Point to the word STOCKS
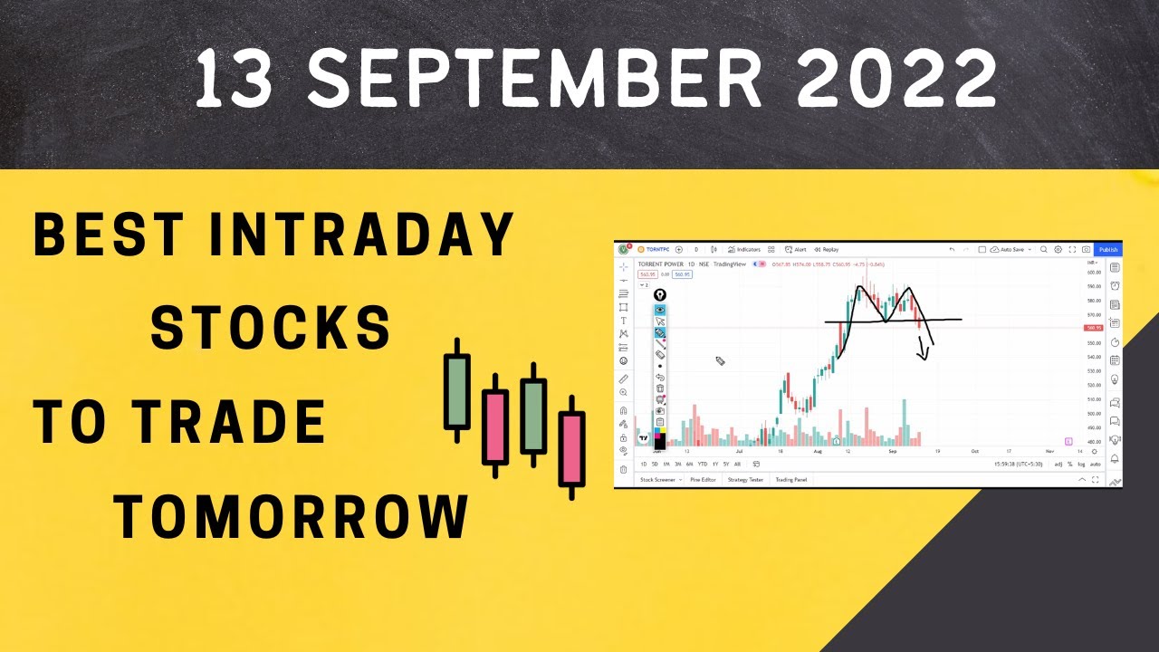pos(271,328)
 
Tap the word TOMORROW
pos(292,516)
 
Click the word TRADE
pos(232,422)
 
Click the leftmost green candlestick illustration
pos(457,390)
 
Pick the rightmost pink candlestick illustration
pos(571,447)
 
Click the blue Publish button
pos(1108,249)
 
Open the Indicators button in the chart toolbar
pos(744,249)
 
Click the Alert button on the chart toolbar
pos(796,249)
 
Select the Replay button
pos(827,249)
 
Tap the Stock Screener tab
pos(658,480)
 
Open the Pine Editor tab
pos(703,480)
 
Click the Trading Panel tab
pos(790,480)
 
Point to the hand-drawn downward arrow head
pos(924,356)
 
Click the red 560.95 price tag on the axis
pos(1094,328)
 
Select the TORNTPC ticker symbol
pos(658,249)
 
